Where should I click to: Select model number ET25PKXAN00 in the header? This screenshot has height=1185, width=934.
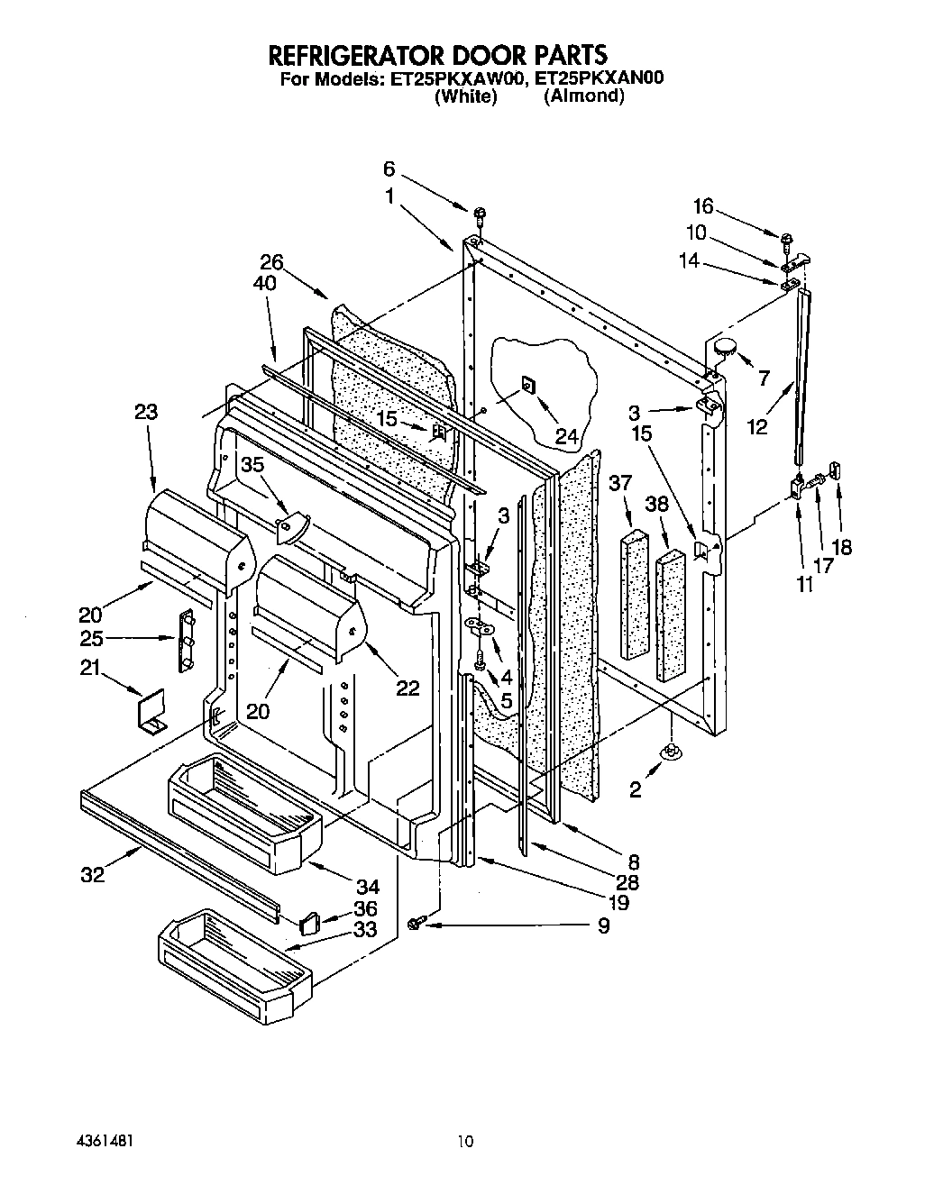click(599, 78)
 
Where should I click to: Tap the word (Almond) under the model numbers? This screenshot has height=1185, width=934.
click(583, 96)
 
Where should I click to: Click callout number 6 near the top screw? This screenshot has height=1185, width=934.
click(389, 169)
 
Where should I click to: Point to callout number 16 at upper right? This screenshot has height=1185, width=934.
click(703, 206)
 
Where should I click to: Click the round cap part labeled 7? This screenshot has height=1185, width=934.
click(723, 345)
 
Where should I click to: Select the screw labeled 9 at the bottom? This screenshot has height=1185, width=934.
click(417, 922)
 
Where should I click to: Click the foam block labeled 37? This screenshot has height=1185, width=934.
click(635, 595)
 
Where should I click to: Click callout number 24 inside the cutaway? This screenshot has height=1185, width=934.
click(565, 436)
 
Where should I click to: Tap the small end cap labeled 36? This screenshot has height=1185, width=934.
click(310, 922)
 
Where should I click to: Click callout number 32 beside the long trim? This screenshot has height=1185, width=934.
click(93, 874)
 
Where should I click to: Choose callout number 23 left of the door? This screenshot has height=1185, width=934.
click(147, 412)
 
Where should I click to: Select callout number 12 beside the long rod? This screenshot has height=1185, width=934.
click(757, 426)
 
